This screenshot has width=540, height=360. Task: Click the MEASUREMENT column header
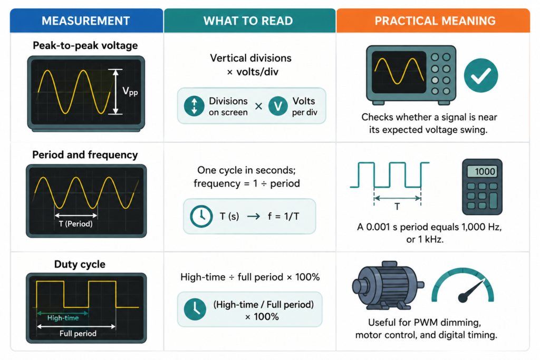tap(86, 21)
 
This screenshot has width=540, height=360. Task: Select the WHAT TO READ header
tap(248, 21)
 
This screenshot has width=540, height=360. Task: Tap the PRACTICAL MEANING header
tap(435, 21)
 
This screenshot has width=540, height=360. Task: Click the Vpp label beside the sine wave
tap(130, 92)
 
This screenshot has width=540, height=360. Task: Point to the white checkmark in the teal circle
tap(481, 76)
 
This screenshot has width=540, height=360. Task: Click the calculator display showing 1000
tap(482, 171)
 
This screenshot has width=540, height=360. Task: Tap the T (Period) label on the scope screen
tap(76, 224)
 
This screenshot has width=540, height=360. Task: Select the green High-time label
tap(63, 318)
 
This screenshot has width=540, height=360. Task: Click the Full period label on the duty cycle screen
tap(78, 334)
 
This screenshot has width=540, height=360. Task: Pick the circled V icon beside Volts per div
tap(278, 106)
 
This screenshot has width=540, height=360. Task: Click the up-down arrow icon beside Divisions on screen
tap(194, 106)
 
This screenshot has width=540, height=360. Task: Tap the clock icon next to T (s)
tap(201, 217)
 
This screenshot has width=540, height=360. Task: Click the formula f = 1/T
tap(283, 217)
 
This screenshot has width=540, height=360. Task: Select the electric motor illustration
tap(388, 285)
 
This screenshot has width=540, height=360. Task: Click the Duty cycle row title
tap(80, 264)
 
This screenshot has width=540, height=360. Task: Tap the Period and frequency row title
tap(85, 155)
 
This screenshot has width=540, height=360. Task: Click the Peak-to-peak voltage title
tap(85, 45)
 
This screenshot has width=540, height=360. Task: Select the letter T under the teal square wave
tap(397, 207)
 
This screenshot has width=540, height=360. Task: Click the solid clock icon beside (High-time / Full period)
tap(195, 309)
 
